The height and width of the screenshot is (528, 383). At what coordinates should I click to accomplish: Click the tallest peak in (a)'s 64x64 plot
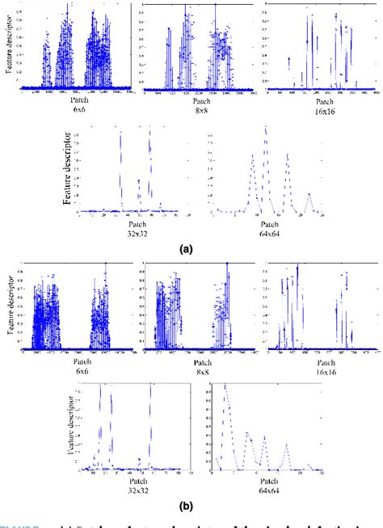pyautogui.click(x=264, y=139)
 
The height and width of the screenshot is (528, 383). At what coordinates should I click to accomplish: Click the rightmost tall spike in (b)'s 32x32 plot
pyautogui.click(x=150, y=386)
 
